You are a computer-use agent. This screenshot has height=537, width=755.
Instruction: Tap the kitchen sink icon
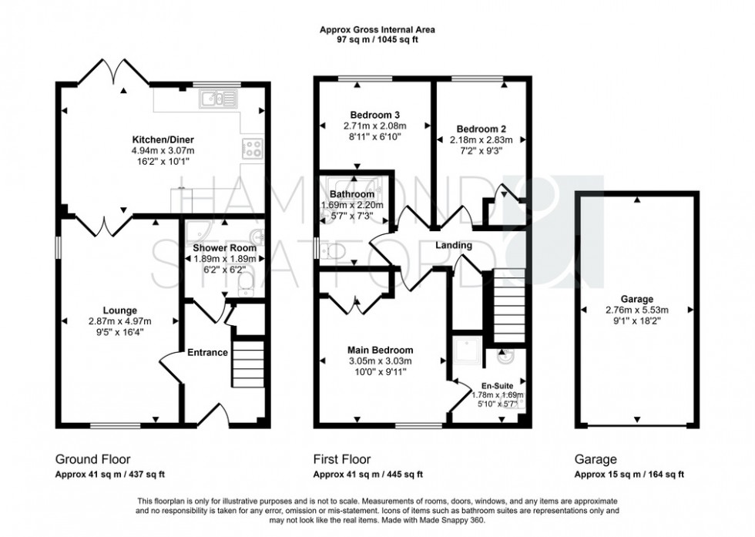210,98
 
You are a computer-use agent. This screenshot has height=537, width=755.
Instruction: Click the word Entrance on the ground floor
207,353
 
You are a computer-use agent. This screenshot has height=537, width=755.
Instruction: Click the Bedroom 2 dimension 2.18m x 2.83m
481,140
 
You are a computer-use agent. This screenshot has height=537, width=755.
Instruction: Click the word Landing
453,245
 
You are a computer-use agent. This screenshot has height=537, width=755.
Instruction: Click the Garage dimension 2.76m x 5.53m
637,310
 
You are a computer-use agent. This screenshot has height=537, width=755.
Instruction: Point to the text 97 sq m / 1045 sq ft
377,39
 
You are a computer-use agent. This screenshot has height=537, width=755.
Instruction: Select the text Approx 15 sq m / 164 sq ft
629,474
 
